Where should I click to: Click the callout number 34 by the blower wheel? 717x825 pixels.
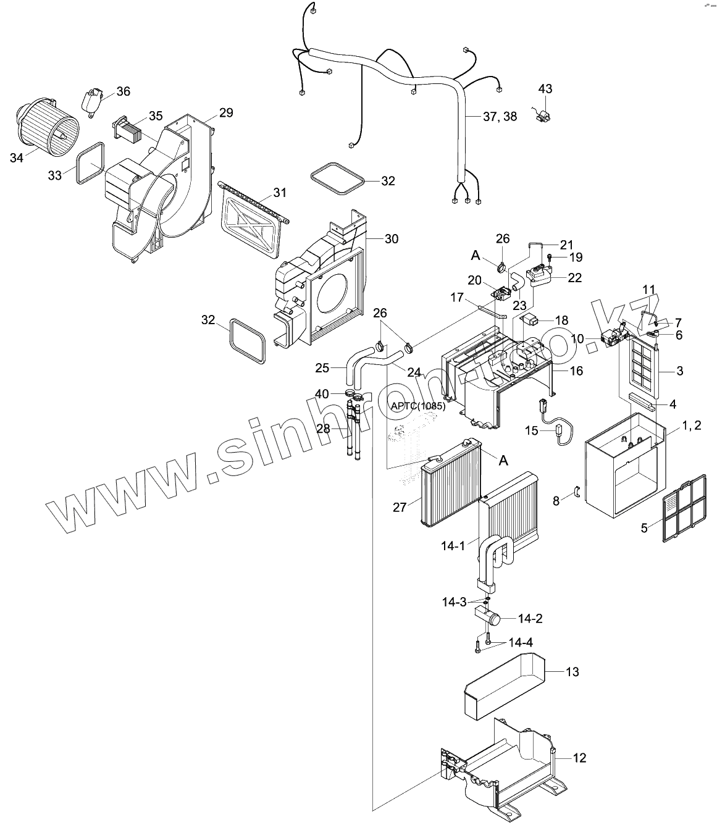click(x=17, y=158)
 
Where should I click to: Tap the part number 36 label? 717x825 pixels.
click(x=124, y=91)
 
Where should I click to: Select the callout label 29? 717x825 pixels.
click(x=226, y=112)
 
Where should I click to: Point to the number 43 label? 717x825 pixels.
click(x=545, y=89)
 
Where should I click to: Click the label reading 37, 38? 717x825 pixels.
click(x=500, y=116)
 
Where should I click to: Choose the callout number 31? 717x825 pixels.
click(x=280, y=193)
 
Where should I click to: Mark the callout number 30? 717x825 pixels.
click(x=392, y=239)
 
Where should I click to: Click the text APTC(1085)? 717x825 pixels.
click(x=418, y=406)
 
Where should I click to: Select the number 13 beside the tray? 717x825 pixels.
click(x=572, y=671)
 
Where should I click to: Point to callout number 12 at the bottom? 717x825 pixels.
click(x=579, y=758)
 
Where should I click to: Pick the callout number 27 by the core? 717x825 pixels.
click(x=400, y=508)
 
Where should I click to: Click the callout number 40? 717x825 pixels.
click(x=322, y=393)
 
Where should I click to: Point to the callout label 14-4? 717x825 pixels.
click(x=521, y=642)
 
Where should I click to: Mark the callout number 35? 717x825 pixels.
click(x=155, y=116)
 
